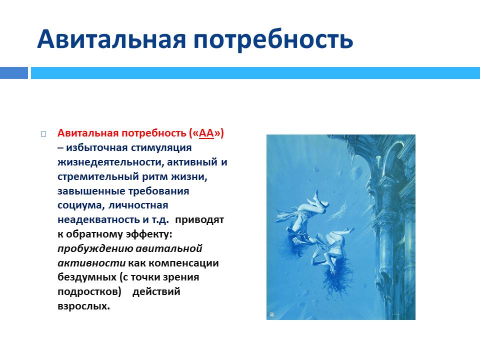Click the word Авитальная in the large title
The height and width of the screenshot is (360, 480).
pos(111,39)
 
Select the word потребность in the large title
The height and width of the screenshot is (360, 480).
pos(273,40)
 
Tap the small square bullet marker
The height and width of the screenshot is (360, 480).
pos(43,134)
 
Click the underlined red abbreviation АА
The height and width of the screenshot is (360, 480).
pos(206,133)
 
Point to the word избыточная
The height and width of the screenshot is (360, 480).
pos(96,148)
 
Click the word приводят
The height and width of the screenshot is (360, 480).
pos(199,220)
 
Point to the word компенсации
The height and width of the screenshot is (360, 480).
pos(184,263)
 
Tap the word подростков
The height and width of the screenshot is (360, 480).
pos(89,291)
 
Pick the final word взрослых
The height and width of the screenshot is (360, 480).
pos(83,306)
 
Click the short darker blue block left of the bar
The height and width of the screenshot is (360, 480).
pos(14,73)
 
